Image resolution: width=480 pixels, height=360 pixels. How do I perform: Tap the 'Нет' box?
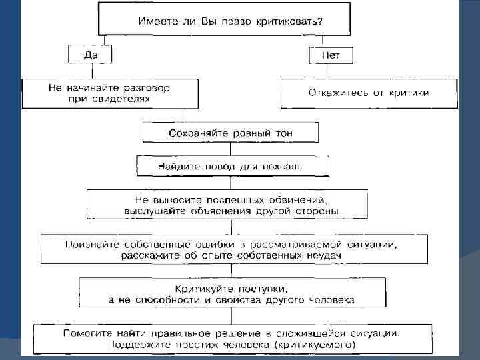[330, 55]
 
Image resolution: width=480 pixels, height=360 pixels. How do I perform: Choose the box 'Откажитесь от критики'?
[369, 93]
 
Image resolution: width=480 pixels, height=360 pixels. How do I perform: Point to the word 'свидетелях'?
[125, 99]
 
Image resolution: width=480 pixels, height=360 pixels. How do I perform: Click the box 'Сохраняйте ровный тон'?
[231, 133]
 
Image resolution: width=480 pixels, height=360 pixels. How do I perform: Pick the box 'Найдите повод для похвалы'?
[231, 165]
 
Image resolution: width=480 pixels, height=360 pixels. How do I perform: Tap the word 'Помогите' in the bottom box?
[89, 332]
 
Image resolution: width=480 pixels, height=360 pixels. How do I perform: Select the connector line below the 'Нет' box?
[330, 71]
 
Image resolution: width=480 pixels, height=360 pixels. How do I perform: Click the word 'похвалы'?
[285, 165]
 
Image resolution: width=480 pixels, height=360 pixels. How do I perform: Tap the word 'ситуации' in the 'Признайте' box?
[374, 244]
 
